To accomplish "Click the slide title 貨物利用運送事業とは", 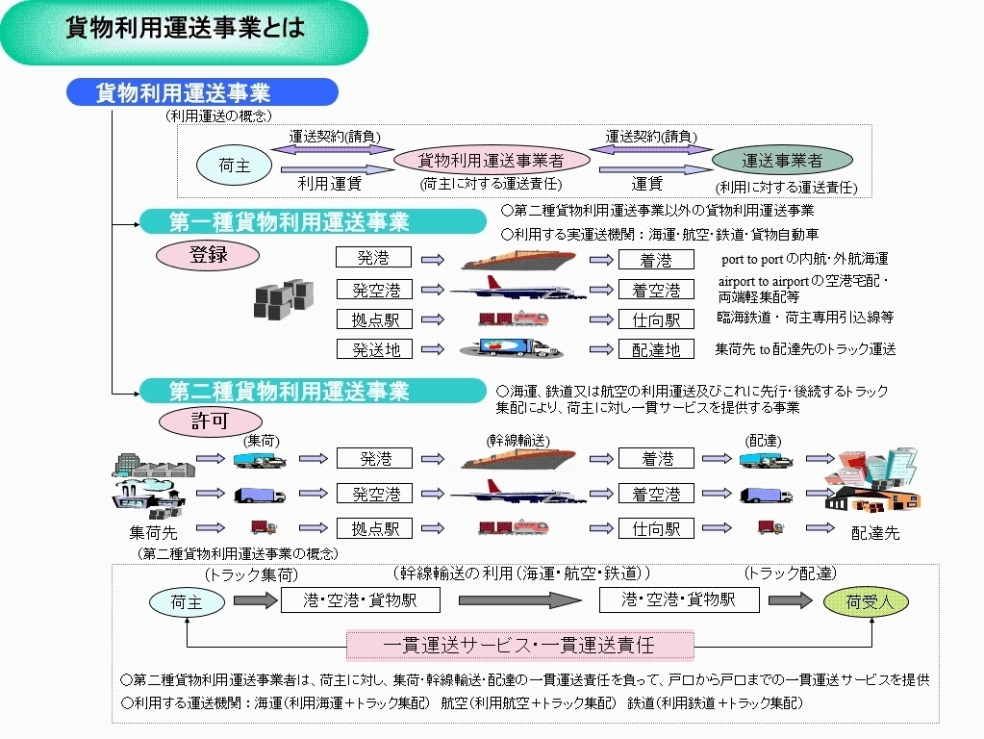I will click(x=185, y=28).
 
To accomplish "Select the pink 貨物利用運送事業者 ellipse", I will click(x=491, y=161).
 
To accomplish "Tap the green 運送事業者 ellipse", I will click(x=782, y=161).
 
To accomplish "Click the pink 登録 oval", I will click(x=209, y=256).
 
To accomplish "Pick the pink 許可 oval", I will click(x=209, y=420).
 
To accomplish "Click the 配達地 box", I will click(x=655, y=349).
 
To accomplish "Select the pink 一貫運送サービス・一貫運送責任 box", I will click(x=518, y=644).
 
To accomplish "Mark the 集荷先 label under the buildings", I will click(x=154, y=531).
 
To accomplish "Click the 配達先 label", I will click(x=874, y=532).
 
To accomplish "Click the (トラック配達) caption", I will click(x=789, y=573).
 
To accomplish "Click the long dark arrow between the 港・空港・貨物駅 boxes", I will click(x=519, y=601).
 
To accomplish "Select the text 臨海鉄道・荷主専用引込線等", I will click(x=805, y=317).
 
